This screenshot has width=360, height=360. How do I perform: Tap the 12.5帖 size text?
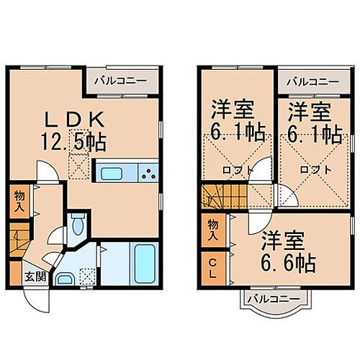79,141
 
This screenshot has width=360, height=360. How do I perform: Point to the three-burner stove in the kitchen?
148,174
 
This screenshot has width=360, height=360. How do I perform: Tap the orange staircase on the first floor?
19,238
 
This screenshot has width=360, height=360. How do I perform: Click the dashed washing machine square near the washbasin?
88,276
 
